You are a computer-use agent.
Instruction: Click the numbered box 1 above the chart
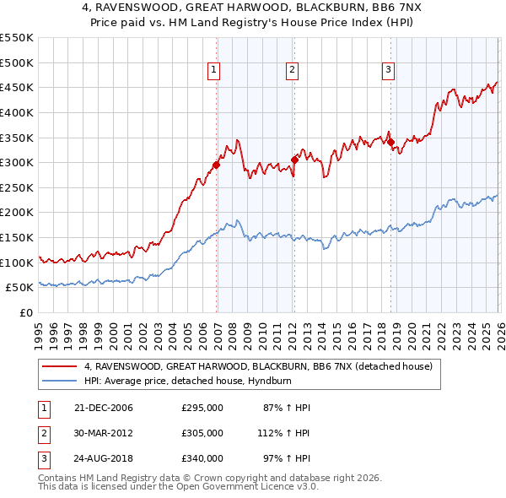(214, 71)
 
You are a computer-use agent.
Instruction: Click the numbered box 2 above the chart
(292, 71)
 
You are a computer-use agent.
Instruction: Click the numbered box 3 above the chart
(388, 71)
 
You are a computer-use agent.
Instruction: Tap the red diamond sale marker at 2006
(217, 165)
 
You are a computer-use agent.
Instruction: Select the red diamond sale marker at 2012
(294, 160)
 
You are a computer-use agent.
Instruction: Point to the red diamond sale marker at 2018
(390, 143)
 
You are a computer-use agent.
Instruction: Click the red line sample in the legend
(60, 366)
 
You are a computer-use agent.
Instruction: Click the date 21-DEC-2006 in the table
(104, 408)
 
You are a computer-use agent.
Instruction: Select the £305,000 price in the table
(202, 433)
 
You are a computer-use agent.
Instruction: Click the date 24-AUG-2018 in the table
(105, 458)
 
